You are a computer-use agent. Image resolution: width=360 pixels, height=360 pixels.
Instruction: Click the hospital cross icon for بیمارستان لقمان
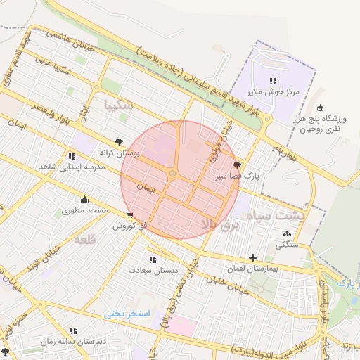pos(252,257)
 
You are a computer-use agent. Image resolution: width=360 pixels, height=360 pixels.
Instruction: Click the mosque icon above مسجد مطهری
pos(85,199)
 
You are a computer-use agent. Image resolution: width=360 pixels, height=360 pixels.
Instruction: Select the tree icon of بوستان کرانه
pos(118,141)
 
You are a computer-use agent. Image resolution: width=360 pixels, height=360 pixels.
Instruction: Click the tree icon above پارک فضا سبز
pos(237,165)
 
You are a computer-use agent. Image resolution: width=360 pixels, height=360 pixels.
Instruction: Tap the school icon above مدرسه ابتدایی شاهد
pos(72,156)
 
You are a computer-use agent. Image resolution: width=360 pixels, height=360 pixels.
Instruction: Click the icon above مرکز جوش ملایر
pos(273,81)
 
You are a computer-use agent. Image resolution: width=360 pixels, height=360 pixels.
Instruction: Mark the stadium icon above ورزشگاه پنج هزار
pos(320,108)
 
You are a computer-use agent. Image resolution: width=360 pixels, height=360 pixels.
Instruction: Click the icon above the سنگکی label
pos(286,234)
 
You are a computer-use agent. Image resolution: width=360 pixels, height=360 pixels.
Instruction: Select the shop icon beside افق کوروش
pos(130,216)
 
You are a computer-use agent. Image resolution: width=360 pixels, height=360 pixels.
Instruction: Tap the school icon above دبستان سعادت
pos(153,259)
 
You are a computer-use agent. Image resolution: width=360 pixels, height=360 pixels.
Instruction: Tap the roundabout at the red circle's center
pos(172,174)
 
